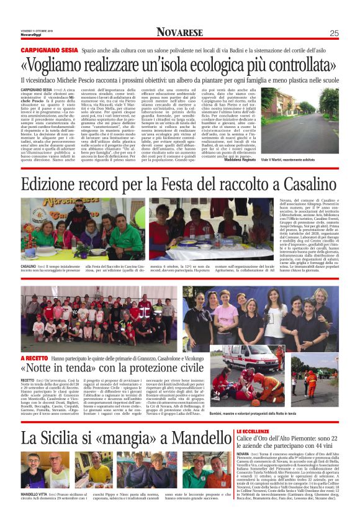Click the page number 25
(x=334, y=34)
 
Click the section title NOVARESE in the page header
(x=179, y=33)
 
